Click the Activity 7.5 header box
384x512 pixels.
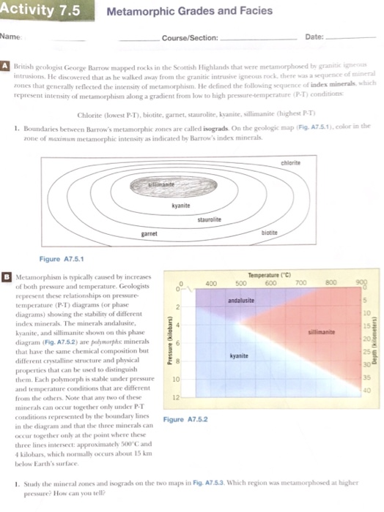pyautogui.click(x=40, y=10)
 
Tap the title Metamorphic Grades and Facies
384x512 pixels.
pyautogui.click(x=189, y=11)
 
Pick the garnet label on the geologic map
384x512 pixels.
pyautogui.click(x=151, y=234)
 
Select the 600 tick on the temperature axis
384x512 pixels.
pyautogui.click(x=270, y=282)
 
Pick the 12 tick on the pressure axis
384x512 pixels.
pyautogui.click(x=175, y=398)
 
